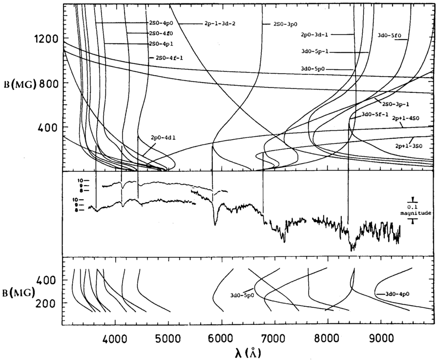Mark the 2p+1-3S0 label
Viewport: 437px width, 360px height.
click(406, 145)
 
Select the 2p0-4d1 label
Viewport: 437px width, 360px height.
click(150, 138)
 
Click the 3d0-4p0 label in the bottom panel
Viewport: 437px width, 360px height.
click(397, 294)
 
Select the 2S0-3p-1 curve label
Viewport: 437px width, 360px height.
click(395, 104)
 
